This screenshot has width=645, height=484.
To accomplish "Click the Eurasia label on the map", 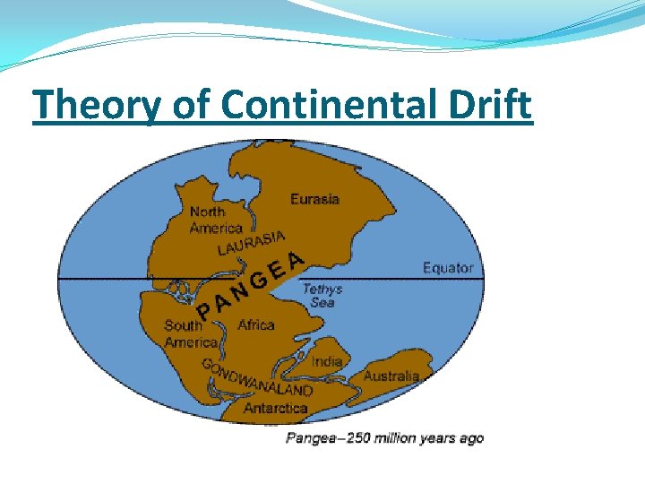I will point(314,199).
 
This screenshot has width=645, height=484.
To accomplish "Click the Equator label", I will point(448,268).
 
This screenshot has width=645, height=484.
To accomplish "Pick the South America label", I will point(190,333).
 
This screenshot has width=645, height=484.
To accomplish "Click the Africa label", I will point(256,324).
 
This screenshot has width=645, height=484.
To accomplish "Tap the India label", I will point(326,362).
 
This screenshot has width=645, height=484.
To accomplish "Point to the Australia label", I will point(391,376).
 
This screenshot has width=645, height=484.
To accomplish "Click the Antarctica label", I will point(275,409).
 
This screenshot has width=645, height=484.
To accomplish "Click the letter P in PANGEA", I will point(205,311).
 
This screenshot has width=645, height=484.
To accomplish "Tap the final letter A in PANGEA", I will point(296,260).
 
